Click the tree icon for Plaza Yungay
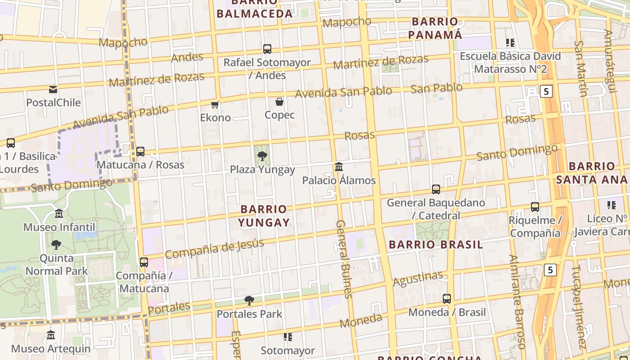pos(262,156)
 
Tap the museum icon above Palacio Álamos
pos(339,167)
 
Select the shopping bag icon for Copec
pos(279,102)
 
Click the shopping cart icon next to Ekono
pos(215,104)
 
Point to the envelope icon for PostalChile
pos(53,89)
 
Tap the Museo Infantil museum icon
pos(59,214)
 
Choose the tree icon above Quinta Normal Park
pos(56,245)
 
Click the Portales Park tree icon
pos(249,300)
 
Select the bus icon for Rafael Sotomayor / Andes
pos(267,49)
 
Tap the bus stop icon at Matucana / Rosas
pos(140,152)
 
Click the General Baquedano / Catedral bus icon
pos(436,189)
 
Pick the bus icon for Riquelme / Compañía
pos(535,207)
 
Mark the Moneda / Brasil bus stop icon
pos(446,299)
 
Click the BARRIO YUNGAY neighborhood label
pos(264,216)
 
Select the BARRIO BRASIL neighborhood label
pos(436,244)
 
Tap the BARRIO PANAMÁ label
pos(435,28)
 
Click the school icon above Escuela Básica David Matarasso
pos(510,43)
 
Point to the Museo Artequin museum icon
pos(51,335)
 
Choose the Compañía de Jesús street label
pos(214,249)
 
